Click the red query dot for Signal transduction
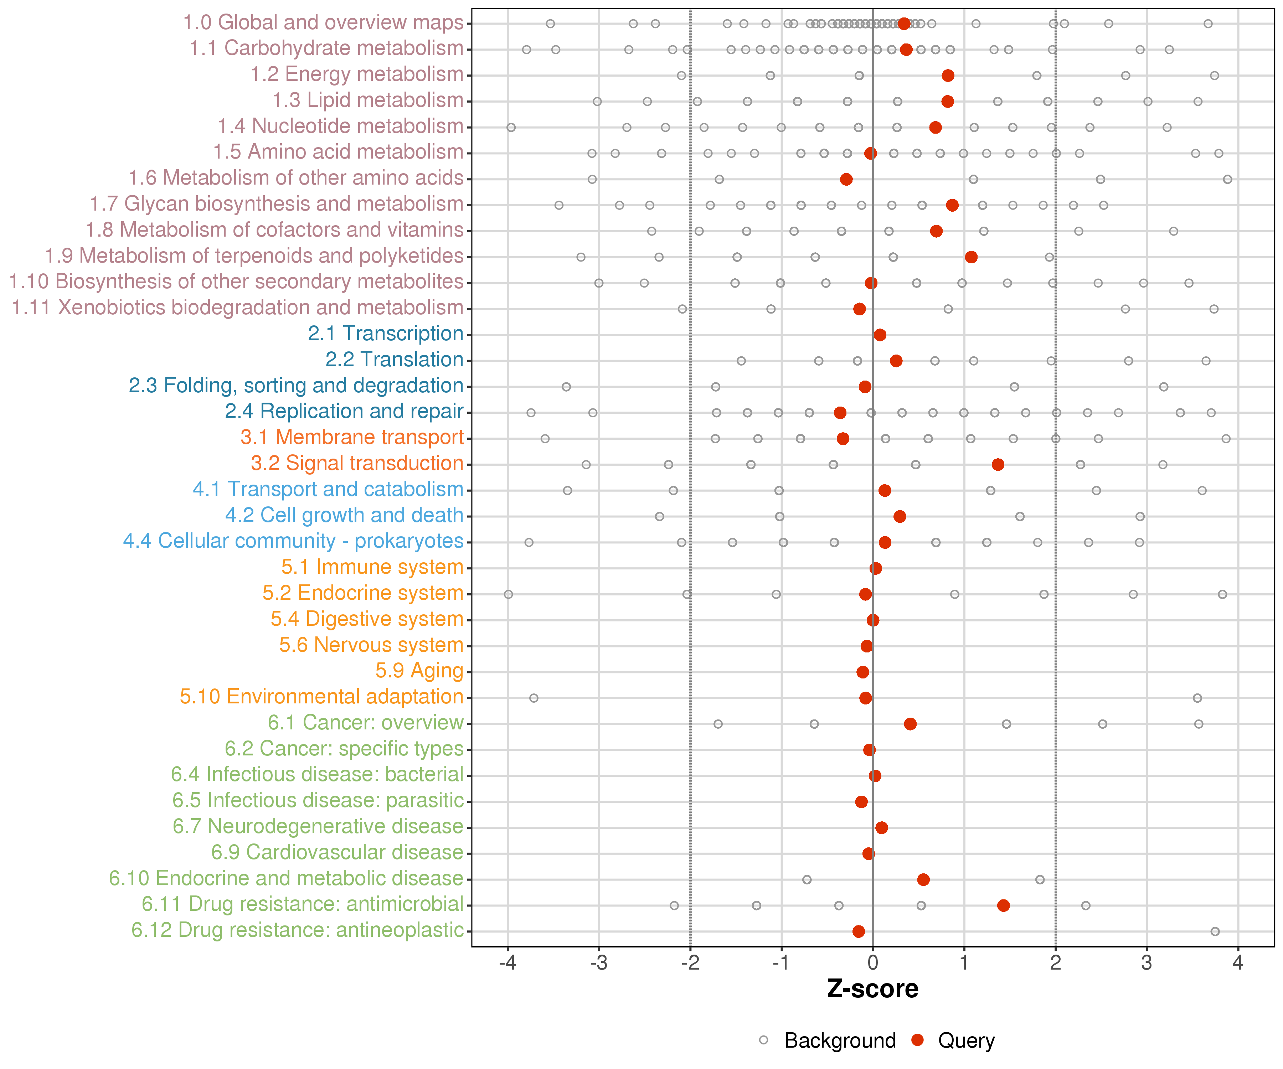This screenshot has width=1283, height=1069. coord(998,464)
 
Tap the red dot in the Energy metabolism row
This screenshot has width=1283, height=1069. coord(948,75)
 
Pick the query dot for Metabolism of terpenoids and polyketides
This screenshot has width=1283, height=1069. coord(971,257)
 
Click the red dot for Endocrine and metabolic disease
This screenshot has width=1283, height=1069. coord(923,879)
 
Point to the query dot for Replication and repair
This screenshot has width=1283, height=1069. coord(840,412)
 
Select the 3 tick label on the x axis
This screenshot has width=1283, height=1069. coord(1147,963)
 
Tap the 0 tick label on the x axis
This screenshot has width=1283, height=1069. coord(872,963)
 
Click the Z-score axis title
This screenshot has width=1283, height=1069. coord(872,989)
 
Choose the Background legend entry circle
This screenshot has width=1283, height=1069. coord(764,1040)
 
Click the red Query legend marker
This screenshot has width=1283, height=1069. coord(917,1040)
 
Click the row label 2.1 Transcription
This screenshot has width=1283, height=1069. coord(386,334)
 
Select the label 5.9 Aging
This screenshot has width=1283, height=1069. coord(419,671)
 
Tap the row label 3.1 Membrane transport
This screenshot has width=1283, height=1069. coord(352,437)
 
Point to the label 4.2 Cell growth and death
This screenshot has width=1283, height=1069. coord(344,515)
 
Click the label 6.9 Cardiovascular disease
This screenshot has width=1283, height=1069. coord(337,852)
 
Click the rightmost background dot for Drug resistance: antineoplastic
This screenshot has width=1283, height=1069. coord(1215,931)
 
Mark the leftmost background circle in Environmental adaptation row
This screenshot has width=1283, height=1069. coord(534,698)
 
